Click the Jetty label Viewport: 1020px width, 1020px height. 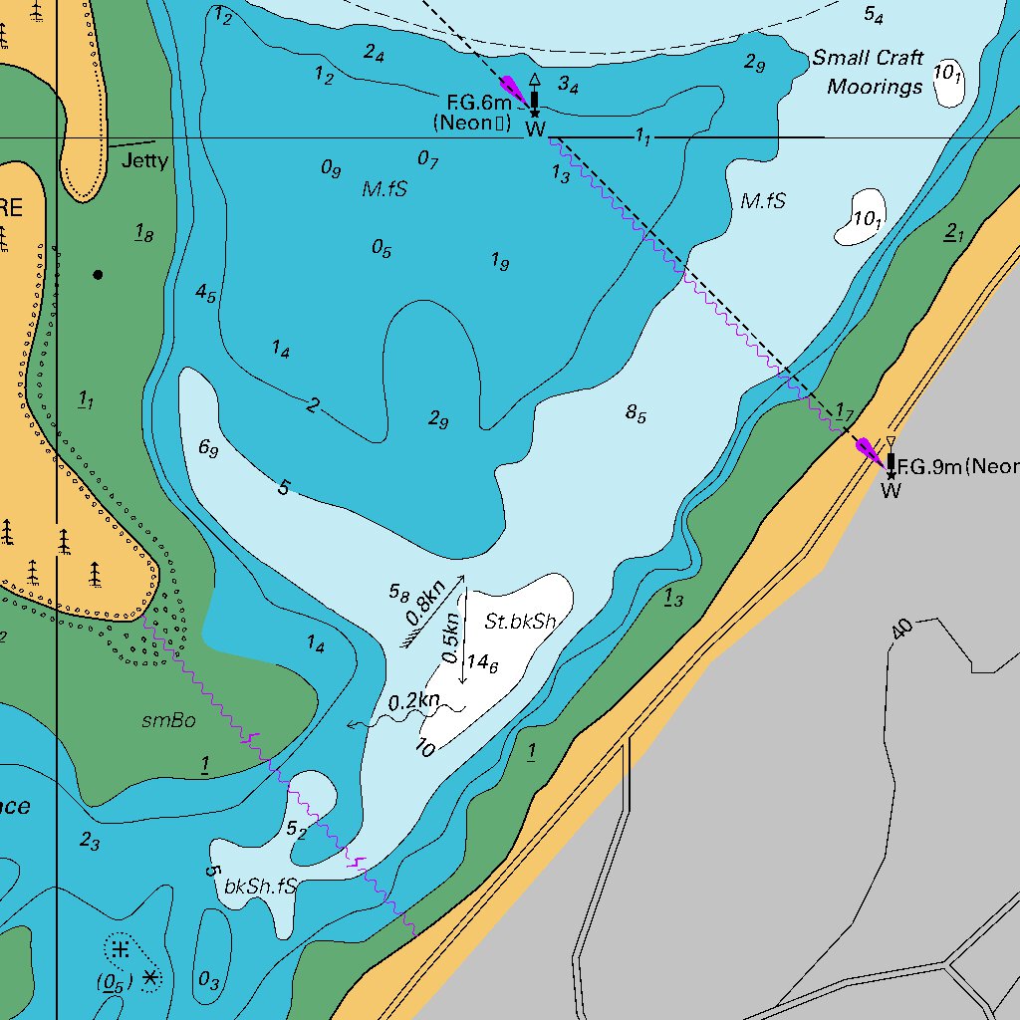click(x=144, y=160)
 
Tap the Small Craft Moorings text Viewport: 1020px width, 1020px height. click(x=867, y=72)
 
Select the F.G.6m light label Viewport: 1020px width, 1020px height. click(x=478, y=103)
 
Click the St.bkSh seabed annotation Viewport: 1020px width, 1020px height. click(x=520, y=623)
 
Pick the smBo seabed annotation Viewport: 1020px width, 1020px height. click(x=168, y=720)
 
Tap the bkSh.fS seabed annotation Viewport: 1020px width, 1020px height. click(x=260, y=886)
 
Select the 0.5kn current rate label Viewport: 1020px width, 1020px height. click(x=451, y=638)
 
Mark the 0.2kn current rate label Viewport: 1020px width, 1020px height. click(x=413, y=701)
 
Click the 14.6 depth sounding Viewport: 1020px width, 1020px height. click(x=482, y=662)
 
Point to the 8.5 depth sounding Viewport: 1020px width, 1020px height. click(x=636, y=412)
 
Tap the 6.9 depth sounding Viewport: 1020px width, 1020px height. click(x=208, y=448)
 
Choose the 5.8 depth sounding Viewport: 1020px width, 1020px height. click(x=398, y=594)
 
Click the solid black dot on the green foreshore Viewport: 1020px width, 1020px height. click(x=98, y=274)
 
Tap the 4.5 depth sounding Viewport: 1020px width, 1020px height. click(x=205, y=293)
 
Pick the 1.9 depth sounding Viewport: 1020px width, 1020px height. click(x=500, y=261)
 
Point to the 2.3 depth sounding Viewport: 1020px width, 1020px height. click(x=90, y=842)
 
